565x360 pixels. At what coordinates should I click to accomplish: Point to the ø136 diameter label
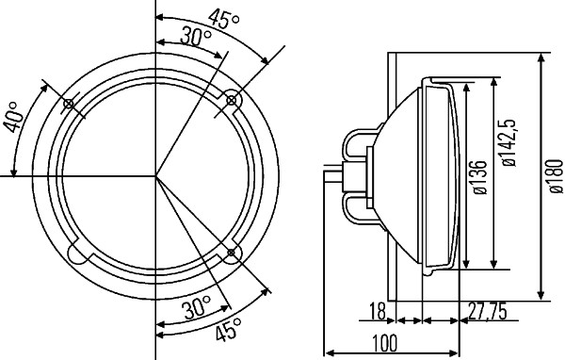pos(478,177)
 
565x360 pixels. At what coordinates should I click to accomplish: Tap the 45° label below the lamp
pos(227,329)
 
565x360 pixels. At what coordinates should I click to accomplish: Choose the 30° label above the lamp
pos(196,37)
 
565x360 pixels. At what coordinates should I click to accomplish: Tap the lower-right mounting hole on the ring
pos(231,253)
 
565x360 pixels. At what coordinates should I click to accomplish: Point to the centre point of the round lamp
pos(157,176)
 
